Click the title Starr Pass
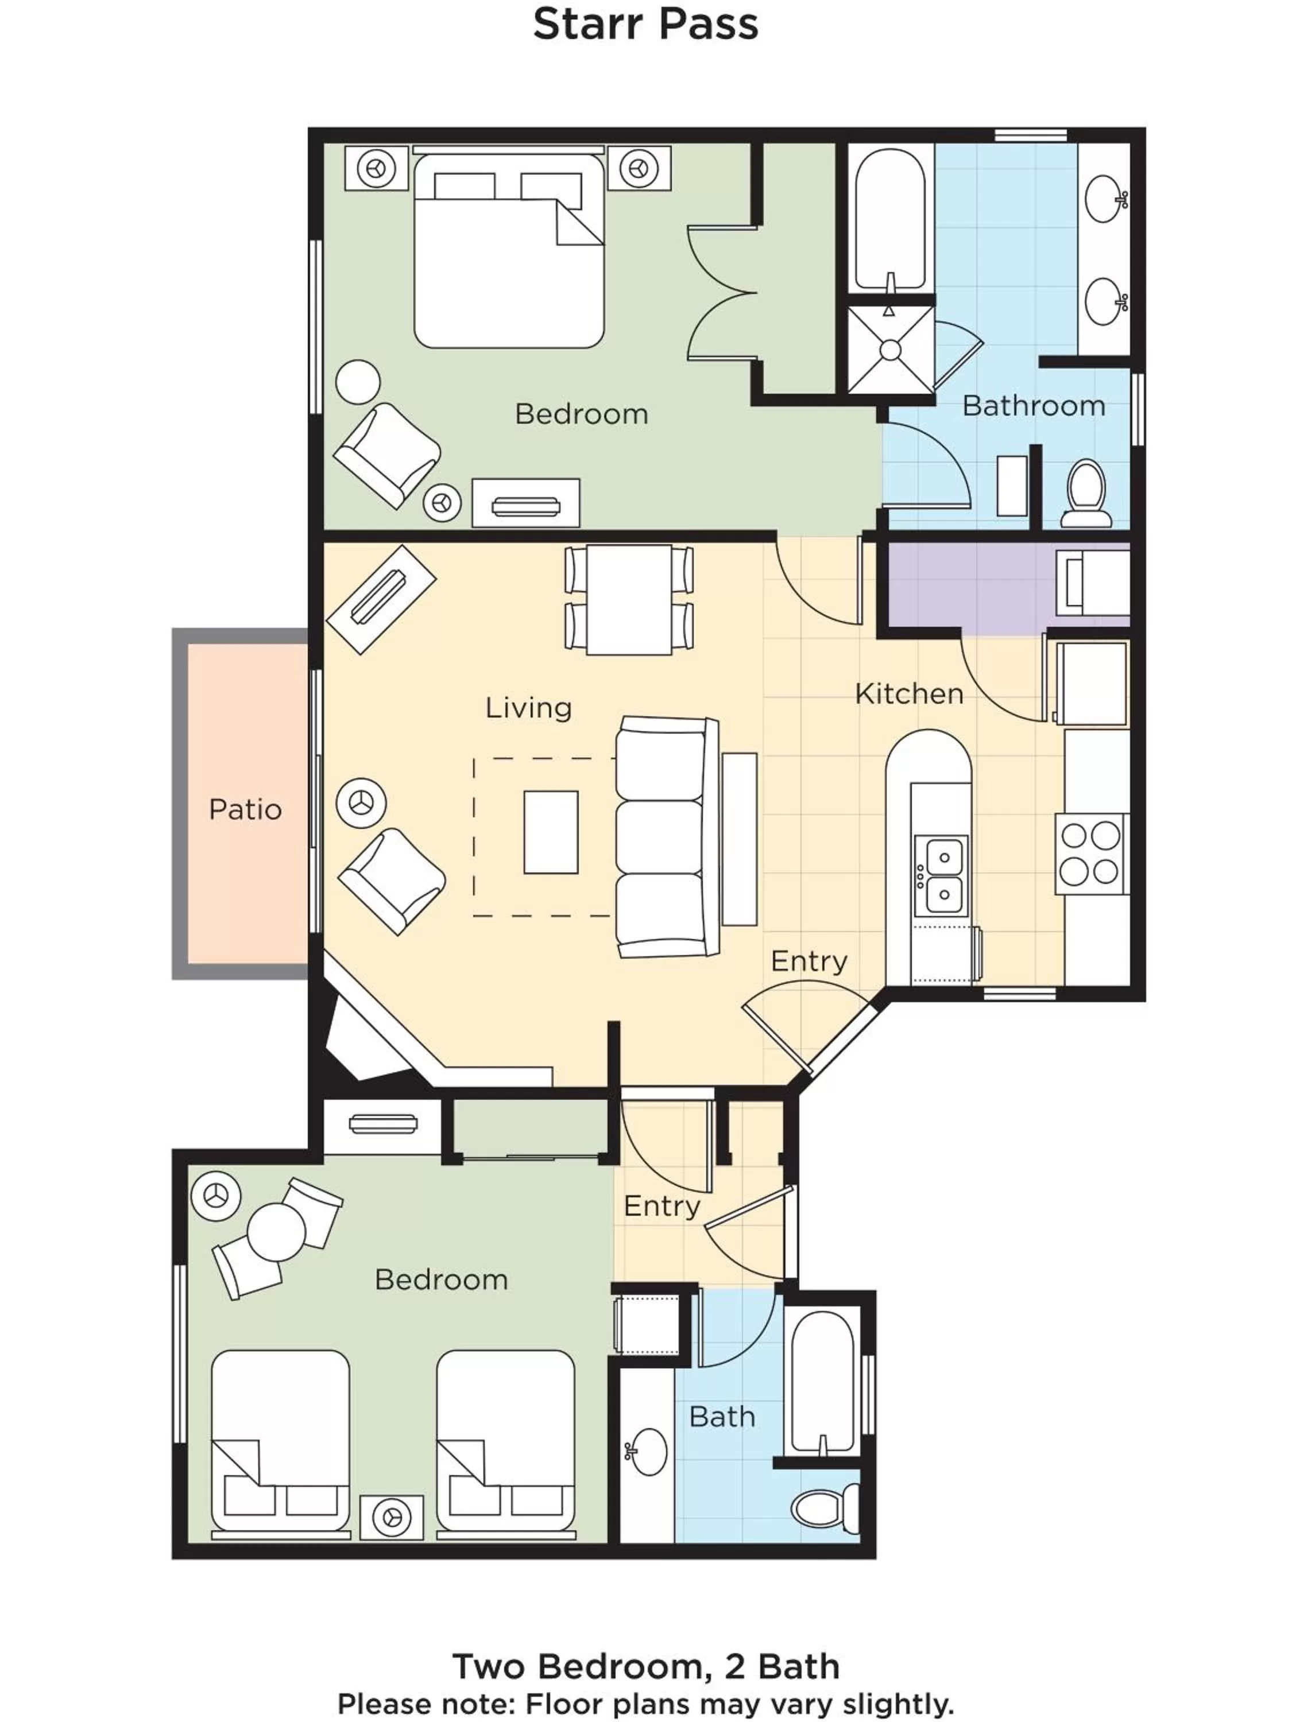pyautogui.click(x=645, y=24)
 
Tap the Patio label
pyautogui.click(x=245, y=809)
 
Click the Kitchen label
pyautogui.click(x=909, y=693)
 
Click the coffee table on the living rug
pyautogui.click(x=551, y=832)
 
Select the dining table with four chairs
pyautogui.click(x=628, y=599)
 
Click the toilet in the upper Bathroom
pyautogui.click(x=1086, y=492)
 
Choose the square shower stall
pyautogui.click(x=889, y=350)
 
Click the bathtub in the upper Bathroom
pyautogui.click(x=889, y=218)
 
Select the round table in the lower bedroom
pyautogui.click(x=276, y=1233)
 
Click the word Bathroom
pyautogui.click(x=1034, y=406)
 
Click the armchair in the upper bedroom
pyautogui.click(x=387, y=455)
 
